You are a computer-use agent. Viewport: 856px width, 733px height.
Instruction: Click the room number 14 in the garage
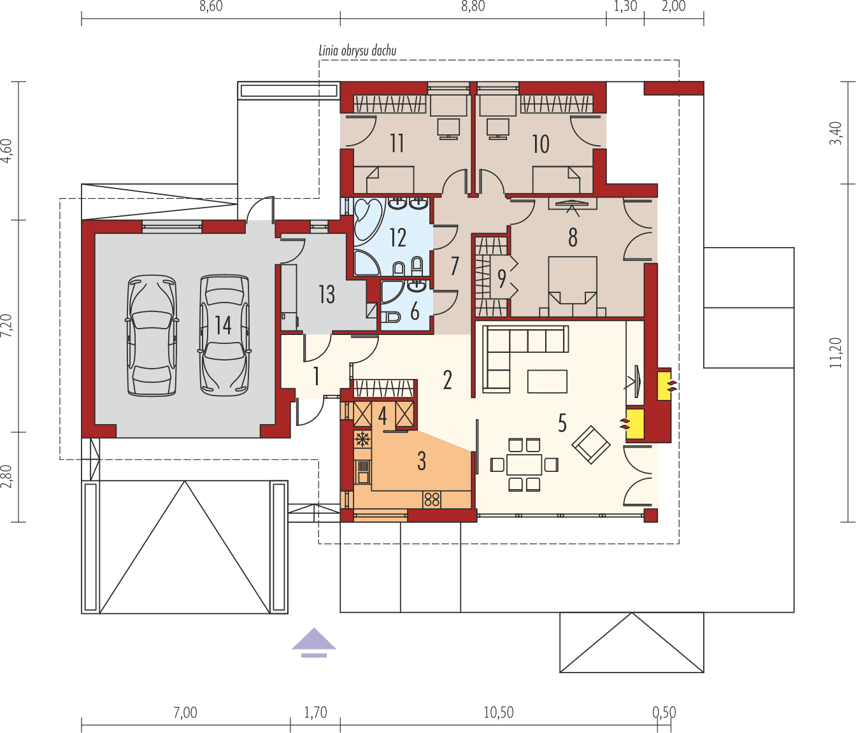223,325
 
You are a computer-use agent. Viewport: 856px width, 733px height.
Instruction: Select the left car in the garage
152,336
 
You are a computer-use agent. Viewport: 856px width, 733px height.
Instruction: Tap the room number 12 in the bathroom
397,238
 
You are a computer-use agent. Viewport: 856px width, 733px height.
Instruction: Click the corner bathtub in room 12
367,220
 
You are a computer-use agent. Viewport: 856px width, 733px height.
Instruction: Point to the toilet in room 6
391,316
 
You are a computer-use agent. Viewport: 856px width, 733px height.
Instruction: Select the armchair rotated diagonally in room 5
591,445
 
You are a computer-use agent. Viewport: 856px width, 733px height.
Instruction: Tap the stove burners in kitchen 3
432,499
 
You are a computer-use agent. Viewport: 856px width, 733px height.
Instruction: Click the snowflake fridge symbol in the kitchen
362,439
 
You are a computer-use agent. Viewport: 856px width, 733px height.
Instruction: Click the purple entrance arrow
314,642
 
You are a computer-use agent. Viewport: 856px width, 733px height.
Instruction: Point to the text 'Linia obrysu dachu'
357,51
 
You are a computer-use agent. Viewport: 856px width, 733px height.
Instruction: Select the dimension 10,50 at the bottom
498,712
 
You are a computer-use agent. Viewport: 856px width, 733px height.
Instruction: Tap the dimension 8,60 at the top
211,7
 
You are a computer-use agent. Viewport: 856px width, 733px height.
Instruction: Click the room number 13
326,294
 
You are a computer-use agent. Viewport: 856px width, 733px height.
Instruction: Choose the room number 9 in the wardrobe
501,278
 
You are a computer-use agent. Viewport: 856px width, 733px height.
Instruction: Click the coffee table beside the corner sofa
547,381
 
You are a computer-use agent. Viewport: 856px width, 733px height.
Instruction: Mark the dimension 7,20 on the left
6,325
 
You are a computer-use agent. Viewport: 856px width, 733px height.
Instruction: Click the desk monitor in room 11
449,128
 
